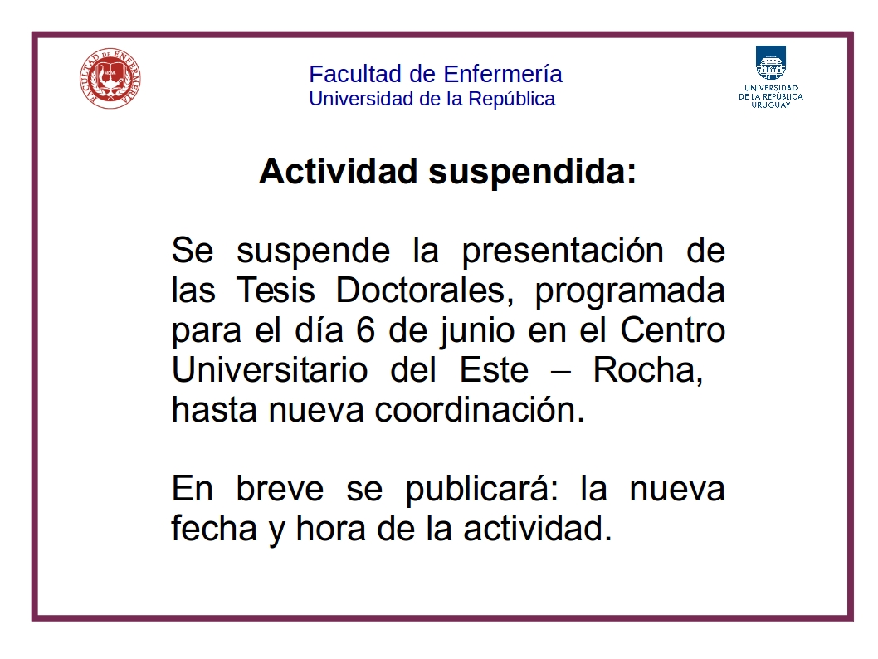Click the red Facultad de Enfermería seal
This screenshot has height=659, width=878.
click(110, 78)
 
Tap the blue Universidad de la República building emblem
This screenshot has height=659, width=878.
click(771, 63)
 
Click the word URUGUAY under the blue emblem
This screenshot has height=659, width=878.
click(771, 105)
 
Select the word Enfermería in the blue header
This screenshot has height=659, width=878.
click(503, 74)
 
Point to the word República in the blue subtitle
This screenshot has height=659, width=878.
click(512, 99)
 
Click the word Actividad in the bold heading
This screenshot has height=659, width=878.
click(339, 171)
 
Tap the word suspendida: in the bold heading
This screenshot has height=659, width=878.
click(533, 172)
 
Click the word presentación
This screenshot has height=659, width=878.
click(563, 251)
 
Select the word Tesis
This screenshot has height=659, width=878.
click(276, 290)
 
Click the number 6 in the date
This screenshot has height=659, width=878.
click(365, 330)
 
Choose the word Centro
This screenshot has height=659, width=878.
click(672, 330)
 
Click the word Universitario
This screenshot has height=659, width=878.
click(270, 370)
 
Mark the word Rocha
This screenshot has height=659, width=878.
click(648, 371)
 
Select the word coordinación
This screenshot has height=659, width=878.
click(480, 410)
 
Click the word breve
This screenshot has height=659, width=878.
click(280, 489)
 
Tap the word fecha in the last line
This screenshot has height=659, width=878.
click(214, 528)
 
